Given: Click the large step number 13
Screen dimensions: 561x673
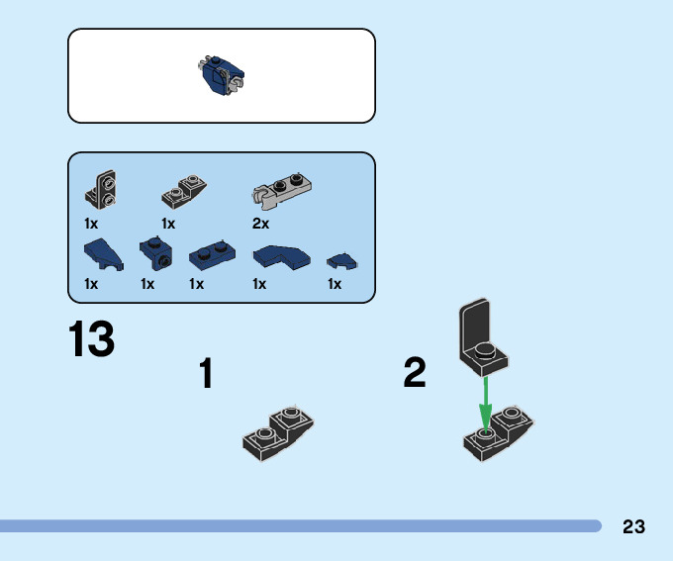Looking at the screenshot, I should [x=92, y=340].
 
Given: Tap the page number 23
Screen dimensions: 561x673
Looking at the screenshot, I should [x=634, y=526].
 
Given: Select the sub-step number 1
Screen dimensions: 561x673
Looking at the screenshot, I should [x=206, y=375].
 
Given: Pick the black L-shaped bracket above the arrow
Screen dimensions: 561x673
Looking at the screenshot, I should [x=481, y=336].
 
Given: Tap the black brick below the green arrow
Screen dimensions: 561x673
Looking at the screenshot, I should [x=498, y=433].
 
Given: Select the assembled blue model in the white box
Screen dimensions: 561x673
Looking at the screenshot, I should [x=222, y=75].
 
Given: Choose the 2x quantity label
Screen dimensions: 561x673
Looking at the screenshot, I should [x=261, y=224].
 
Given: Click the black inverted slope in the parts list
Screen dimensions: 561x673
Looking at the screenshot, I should [x=185, y=185].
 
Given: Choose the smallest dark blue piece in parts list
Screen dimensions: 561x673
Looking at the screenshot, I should [x=342, y=261].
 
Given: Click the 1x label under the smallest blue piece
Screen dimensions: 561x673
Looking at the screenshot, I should [x=335, y=284].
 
